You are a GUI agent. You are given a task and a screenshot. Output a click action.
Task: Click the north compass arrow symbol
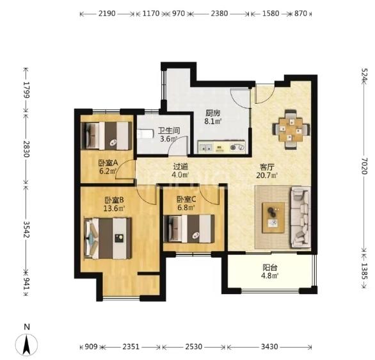pyautogui.click(x=26, y=345)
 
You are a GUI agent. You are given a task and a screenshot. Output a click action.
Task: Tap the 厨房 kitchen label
pyautogui.click(x=212, y=113)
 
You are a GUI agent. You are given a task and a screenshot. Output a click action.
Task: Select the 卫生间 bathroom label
pyautogui.click(x=169, y=131)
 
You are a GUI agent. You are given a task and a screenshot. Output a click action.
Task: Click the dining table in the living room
pyautogui.click(x=291, y=129)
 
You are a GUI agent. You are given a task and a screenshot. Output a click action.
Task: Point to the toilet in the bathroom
pyautogui.click(x=145, y=134)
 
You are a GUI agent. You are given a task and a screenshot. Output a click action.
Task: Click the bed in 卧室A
pyautogui.click(x=107, y=136)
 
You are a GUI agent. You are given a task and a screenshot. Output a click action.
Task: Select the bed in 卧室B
pyautogui.click(x=108, y=238)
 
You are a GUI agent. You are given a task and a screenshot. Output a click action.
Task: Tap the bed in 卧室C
pyautogui.click(x=189, y=228)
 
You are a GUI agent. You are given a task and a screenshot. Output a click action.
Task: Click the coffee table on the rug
pyautogui.click(x=273, y=218)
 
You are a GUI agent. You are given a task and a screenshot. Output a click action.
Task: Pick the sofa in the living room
pyautogui.click(x=301, y=217)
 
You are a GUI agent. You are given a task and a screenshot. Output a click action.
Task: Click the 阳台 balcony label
pyautogui.click(x=270, y=267)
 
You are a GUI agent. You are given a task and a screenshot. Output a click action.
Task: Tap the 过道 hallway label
pyautogui.click(x=180, y=167)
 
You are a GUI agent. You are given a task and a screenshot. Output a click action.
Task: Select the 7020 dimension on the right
pyautogui.click(x=364, y=166)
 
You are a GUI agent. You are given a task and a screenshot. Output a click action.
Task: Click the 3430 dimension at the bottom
pyautogui.click(x=269, y=347)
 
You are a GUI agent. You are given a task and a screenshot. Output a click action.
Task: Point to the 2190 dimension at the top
pyautogui.click(x=107, y=13)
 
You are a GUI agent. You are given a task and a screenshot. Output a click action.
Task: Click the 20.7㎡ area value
pyautogui.click(x=267, y=176)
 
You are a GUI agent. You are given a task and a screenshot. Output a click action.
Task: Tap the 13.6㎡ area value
pyautogui.click(x=114, y=208)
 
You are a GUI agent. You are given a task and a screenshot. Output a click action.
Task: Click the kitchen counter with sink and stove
pyautogui.click(x=221, y=147)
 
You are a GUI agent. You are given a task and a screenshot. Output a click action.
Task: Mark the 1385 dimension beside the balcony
pyautogui.click(x=364, y=271)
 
